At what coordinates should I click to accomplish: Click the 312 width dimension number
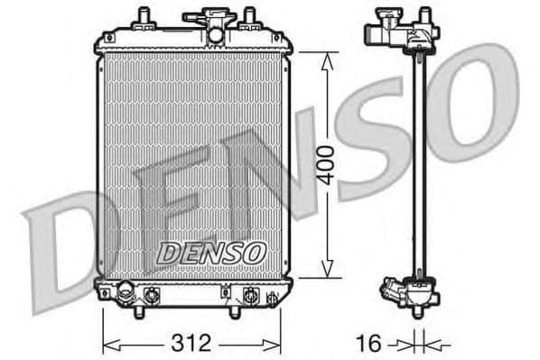(x=191, y=343)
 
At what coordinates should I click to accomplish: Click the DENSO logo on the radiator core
(x=210, y=254)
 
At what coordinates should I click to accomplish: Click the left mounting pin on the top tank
(x=144, y=18)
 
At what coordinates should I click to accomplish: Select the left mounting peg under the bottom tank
(x=139, y=311)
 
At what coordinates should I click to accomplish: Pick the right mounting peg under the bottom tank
(x=235, y=311)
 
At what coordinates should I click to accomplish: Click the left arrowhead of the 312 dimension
(x=107, y=344)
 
